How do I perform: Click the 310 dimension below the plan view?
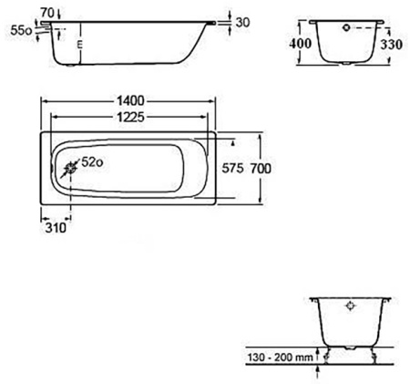pyautogui.click(x=55, y=229)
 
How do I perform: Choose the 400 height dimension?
pyautogui.click(x=302, y=43)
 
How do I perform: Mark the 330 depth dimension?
pyautogui.click(x=393, y=43)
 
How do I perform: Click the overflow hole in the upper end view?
pyautogui.click(x=347, y=28)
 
